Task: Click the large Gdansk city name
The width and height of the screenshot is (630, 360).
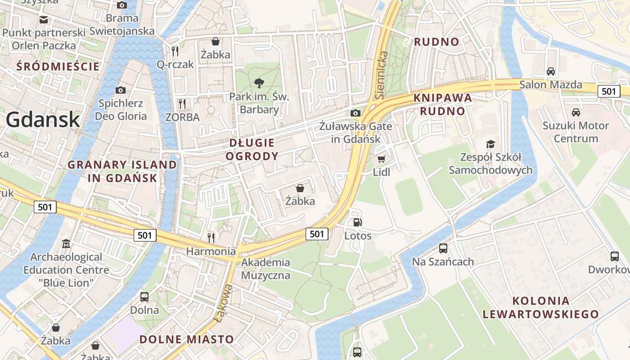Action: click(43, 120)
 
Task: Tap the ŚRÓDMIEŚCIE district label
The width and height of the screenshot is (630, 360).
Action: click(58, 67)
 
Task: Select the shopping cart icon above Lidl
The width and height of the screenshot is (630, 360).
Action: click(382, 159)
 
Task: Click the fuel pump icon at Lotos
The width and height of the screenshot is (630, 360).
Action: click(358, 222)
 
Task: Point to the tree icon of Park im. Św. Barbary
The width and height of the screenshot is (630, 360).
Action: click(259, 83)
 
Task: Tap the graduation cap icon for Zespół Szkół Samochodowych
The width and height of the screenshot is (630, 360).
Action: click(490, 144)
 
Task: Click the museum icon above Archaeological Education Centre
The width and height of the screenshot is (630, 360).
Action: click(66, 244)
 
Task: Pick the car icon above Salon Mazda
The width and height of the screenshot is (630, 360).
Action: click(550, 71)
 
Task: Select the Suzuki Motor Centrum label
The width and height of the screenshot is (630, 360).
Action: click(576, 132)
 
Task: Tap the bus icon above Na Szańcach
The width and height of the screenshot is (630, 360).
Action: click(443, 248)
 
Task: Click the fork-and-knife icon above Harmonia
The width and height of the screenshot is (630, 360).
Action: click(211, 237)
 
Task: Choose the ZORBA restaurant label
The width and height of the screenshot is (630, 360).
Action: click(182, 117)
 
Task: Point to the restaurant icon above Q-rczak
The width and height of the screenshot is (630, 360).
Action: click(175, 51)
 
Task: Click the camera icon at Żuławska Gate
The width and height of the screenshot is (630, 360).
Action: click(355, 112)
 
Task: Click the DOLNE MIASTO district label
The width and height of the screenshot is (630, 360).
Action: click(187, 339)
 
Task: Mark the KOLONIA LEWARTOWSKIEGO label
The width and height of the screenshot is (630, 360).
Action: click(541, 307)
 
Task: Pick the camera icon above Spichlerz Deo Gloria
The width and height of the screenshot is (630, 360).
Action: click(121, 90)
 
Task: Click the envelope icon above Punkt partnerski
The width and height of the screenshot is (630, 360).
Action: click(44, 19)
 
